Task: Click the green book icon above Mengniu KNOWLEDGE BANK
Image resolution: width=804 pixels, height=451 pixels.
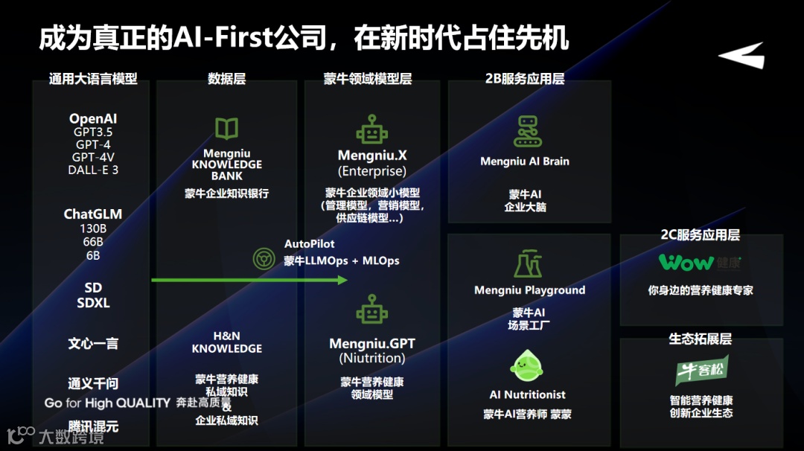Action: point(226,129)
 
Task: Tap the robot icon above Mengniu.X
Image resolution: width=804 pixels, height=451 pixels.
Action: point(371,129)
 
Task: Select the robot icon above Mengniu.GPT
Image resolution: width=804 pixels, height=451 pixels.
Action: point(371,310)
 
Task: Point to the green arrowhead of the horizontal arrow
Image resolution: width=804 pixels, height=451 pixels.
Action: point(342,280)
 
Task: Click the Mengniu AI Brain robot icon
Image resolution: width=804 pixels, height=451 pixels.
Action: point(528,131)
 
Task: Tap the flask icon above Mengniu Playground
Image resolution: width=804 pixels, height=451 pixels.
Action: point(528,264)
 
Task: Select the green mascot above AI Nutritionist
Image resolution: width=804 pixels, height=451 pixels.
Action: point(528,368)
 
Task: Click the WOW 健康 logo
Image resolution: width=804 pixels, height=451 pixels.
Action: point(700,263)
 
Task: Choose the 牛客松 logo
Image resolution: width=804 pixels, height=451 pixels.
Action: point(701,370)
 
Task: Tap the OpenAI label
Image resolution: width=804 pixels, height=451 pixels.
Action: point(93,119)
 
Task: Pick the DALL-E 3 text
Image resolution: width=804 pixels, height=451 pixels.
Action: point(93,170)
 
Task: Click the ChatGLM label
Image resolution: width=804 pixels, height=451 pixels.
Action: point(93,214)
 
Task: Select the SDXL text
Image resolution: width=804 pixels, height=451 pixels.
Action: point(93,303)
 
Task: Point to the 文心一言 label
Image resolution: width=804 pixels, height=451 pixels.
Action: point(93,344)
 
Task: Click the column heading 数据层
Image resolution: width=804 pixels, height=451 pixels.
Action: point(226,78)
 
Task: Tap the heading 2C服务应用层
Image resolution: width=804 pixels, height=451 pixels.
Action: point(700,235)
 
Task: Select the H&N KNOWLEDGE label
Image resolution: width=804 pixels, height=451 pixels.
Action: point(227,342)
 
